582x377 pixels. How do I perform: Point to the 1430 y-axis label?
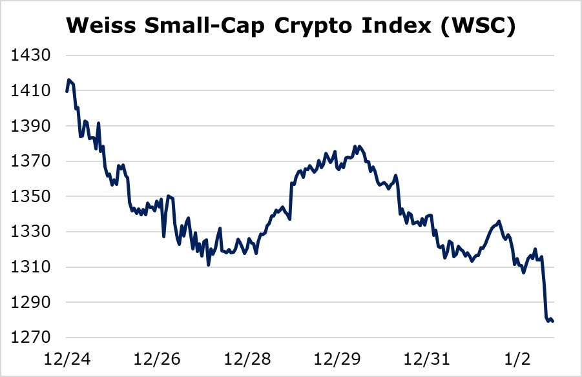click(31, 56)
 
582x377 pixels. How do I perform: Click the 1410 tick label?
click(31, 91)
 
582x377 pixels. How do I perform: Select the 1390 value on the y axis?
click(31, 126)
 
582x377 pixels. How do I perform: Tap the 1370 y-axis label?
click(31, 161)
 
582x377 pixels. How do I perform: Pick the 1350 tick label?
click(31, 196)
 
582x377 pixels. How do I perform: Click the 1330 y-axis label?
click(31, 232)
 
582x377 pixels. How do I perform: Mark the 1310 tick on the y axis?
click(31, 267)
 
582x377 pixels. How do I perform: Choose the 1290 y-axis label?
click(31, 302)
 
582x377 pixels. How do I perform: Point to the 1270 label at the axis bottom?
click(31, 338)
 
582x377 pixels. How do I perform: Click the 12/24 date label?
click(67, 357)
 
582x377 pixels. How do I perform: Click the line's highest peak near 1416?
click(69, 80)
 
